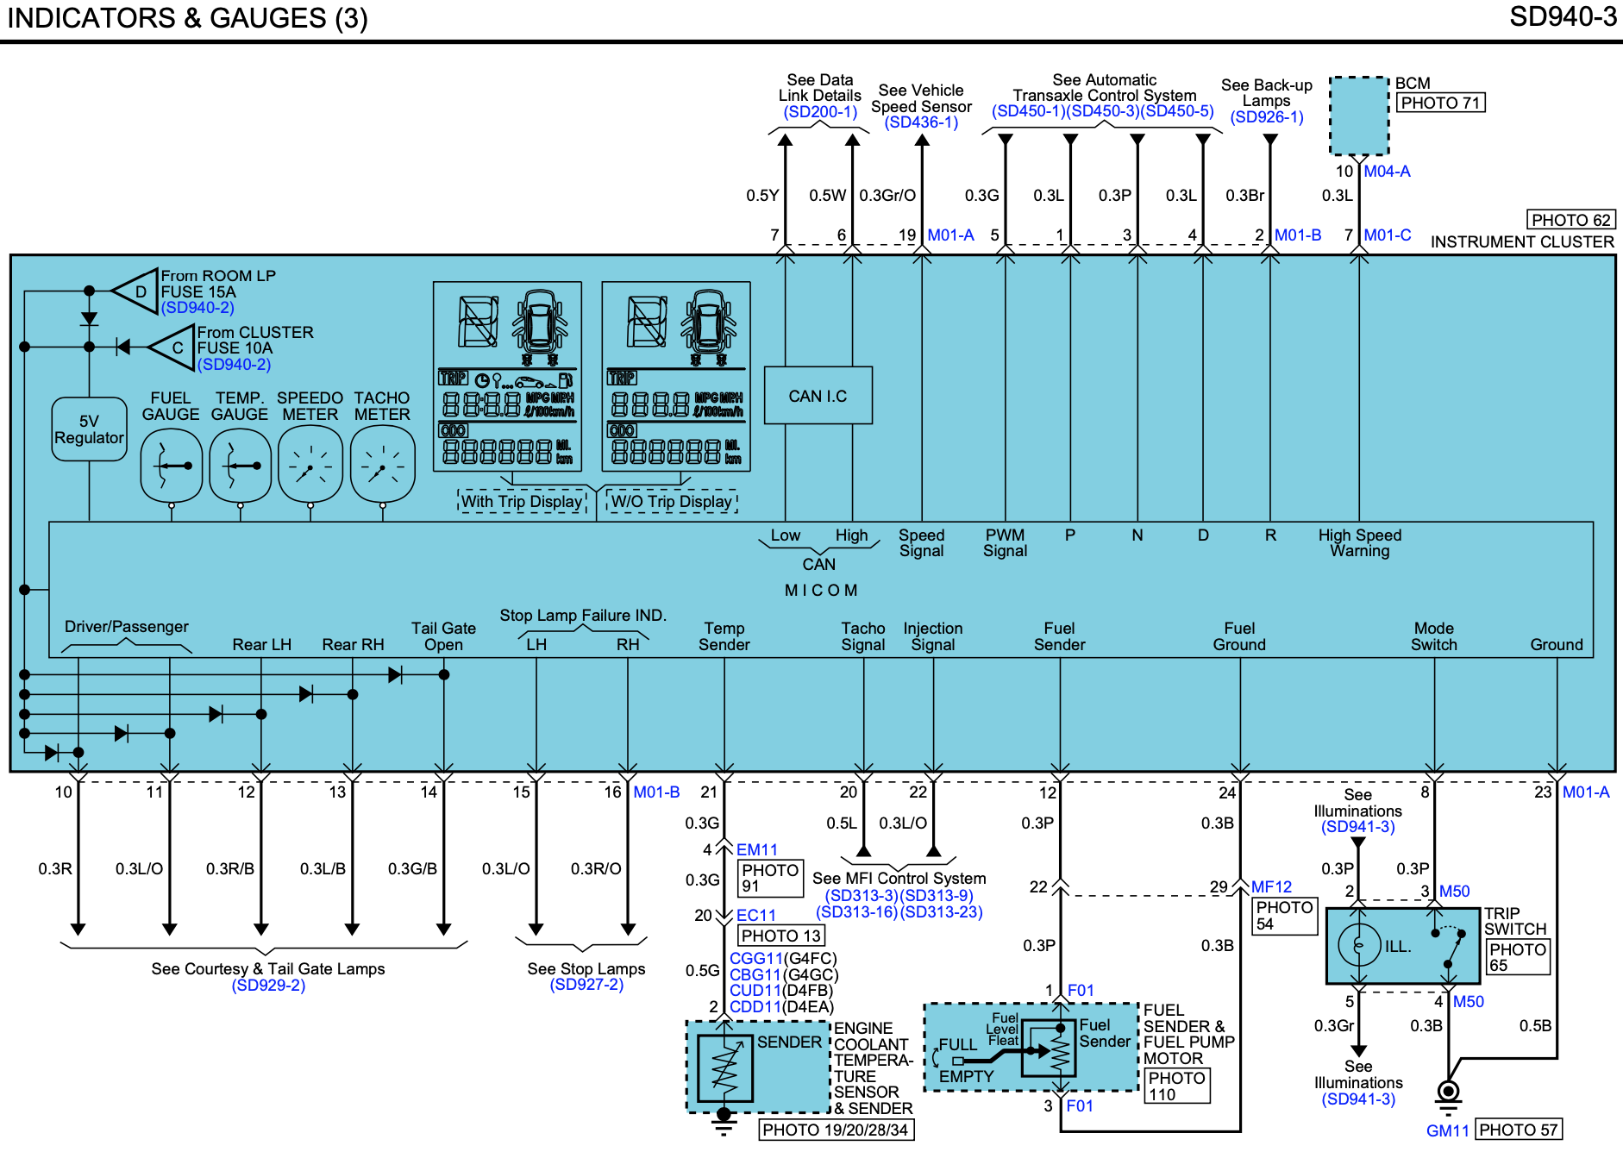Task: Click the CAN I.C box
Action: point(818,395)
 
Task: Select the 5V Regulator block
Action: point(89,429)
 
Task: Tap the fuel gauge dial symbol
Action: point(172,466)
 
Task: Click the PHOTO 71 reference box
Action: point(1440,103)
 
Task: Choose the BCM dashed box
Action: point(1359,116)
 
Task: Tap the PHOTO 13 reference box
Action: point(780,936)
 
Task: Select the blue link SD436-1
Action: point(921,122)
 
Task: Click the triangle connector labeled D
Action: point(136,291)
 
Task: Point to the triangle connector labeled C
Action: point(172,347)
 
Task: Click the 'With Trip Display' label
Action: point(522,501)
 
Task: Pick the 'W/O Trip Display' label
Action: point(672,501)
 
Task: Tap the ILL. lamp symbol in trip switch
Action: point(1359,945)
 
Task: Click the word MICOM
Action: point(820,591)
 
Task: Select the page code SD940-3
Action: point(1563,16)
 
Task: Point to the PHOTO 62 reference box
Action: point(1570,220)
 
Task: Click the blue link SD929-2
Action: point(268,986)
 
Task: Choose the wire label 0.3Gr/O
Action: point(887,196)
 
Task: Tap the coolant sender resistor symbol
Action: point(724,1067)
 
